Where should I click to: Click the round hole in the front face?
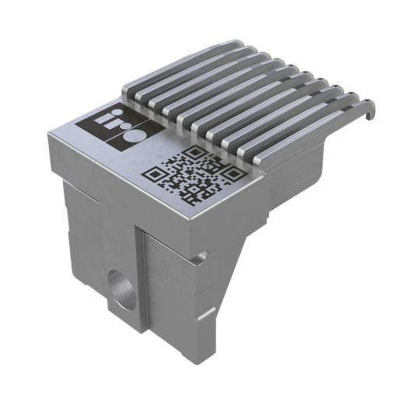[120, 285]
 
